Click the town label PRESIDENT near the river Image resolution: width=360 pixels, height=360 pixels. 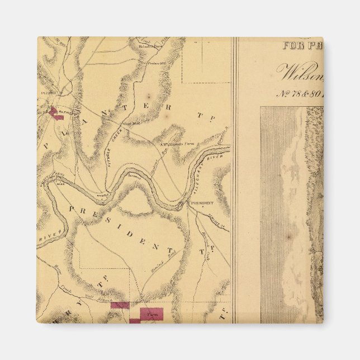tap(202, 203)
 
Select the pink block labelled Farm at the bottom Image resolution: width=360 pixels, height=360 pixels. tap(151, 314)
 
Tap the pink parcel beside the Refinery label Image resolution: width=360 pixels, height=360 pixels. tap(55, 113)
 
